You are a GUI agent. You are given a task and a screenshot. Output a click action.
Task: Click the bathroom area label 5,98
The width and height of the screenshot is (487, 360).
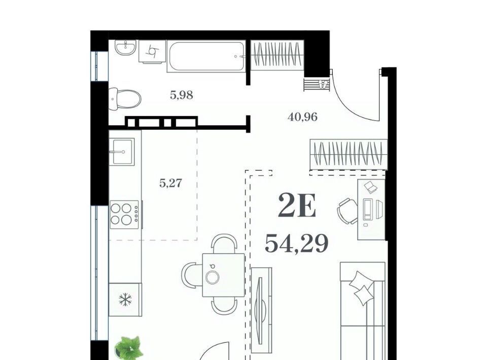point(182,95)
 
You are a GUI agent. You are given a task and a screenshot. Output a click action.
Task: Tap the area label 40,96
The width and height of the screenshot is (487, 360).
point(302,117)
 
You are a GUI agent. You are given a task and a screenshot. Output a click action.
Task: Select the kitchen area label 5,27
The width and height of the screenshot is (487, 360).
point(170,183)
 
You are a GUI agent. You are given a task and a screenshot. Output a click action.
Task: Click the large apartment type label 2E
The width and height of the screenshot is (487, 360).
point(297,205)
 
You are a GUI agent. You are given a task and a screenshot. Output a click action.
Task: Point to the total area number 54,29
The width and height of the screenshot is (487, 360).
point(297,243)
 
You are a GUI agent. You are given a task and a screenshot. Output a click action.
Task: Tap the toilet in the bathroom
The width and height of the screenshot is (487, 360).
point(125,99)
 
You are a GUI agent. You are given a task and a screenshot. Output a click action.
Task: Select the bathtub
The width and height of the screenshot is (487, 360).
point(206,56)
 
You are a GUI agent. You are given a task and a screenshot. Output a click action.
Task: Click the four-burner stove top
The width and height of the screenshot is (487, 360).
point(125,214)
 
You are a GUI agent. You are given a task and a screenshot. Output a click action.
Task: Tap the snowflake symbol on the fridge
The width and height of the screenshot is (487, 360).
point(125,300)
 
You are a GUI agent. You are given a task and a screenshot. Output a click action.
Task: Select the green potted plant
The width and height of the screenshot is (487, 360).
point(128,348)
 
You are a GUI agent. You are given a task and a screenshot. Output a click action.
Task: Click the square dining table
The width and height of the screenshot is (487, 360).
point(223,275)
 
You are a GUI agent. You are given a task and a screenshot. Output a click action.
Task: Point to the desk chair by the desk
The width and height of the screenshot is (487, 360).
point(347,211)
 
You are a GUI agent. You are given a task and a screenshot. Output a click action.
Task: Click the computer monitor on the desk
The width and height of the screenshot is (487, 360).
point(368,209)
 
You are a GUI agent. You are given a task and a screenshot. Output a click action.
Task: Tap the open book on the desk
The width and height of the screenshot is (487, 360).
point(370,187)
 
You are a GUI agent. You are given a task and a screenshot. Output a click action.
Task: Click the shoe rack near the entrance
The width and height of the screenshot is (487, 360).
point(316,84)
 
